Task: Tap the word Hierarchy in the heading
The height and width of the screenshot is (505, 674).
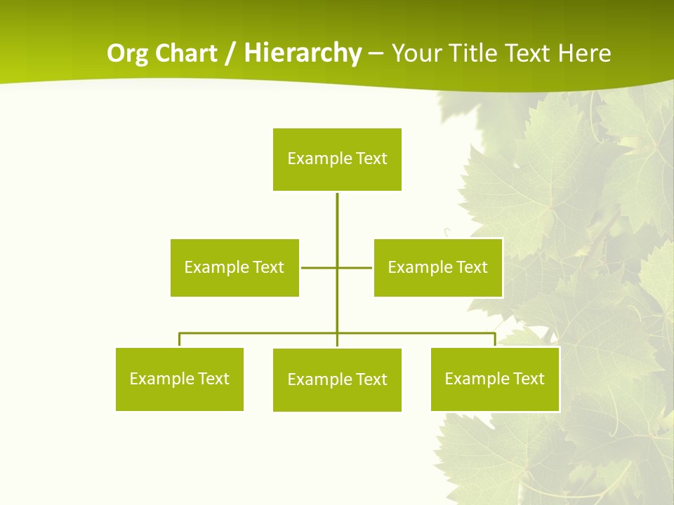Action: click(x=302, y=53)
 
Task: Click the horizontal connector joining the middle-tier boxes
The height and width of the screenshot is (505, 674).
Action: click(x=319, y=267)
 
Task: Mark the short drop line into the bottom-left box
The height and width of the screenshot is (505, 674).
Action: click(x=180, y=340)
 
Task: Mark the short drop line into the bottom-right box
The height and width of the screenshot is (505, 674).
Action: click(x=495, y=340)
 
